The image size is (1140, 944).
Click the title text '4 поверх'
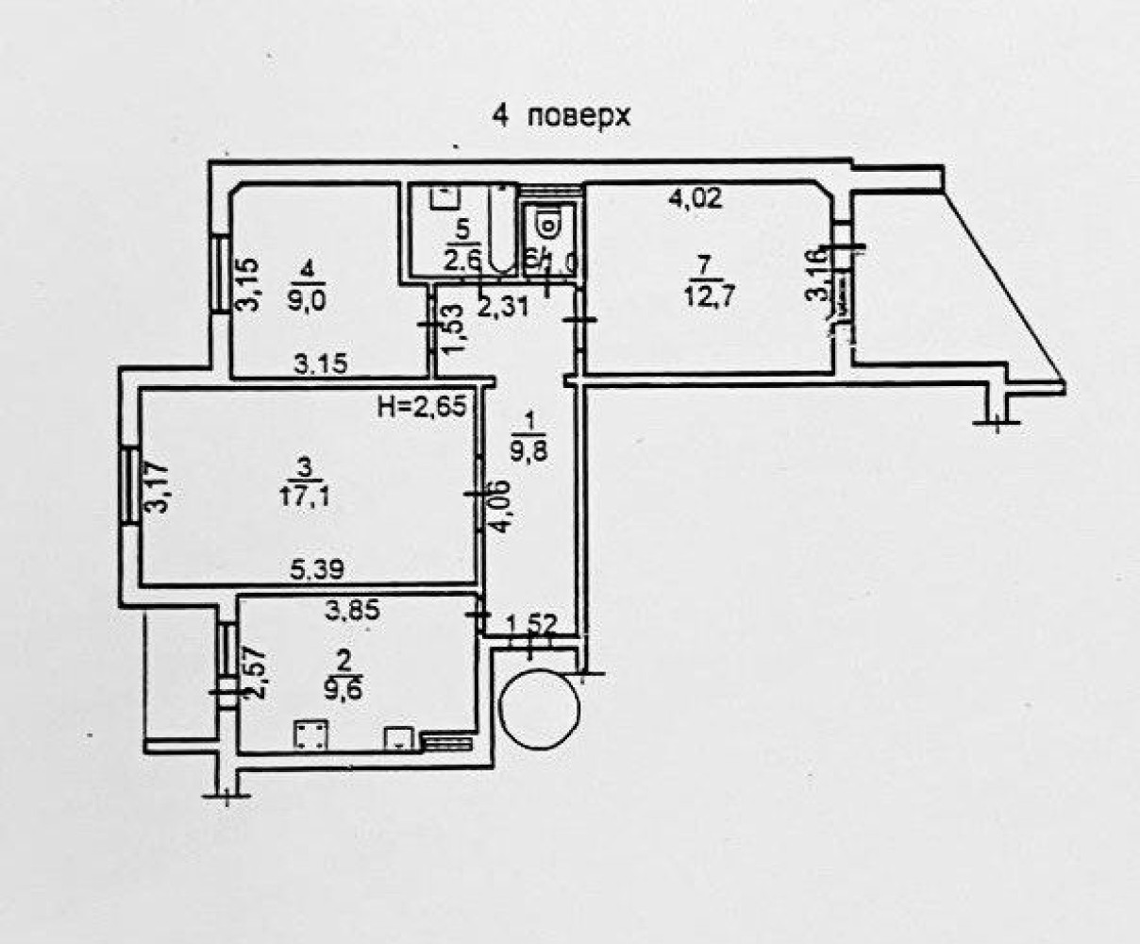point(559,116)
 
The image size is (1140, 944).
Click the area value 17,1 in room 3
point(305,496)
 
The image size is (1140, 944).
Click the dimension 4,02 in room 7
point(695,198)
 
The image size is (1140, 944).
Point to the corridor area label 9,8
point(529,448)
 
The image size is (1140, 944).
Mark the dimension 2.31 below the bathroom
point(501,305)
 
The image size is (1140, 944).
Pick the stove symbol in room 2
point(310,734)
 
